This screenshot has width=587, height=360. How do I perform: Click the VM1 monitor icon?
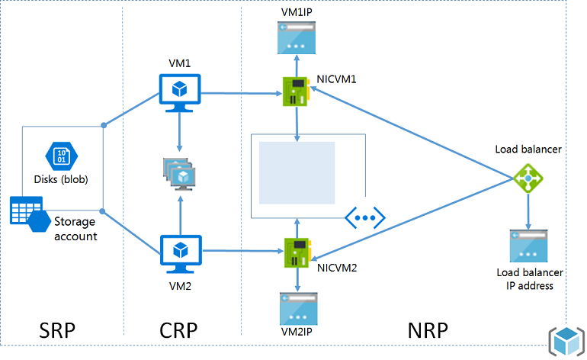179,89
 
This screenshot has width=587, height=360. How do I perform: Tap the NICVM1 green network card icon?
297,91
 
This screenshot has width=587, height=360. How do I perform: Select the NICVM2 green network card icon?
297,252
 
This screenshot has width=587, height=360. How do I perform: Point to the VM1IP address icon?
298,37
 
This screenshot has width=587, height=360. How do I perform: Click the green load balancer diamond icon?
528,178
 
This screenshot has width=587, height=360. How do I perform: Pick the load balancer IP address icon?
528,247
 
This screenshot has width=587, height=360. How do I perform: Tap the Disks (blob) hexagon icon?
61,156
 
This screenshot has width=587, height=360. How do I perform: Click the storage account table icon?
25,210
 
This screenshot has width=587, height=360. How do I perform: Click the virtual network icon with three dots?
365,217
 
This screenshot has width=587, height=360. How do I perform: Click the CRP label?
178,331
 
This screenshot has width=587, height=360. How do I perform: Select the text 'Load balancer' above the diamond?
528,149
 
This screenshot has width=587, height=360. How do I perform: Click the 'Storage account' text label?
75,229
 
